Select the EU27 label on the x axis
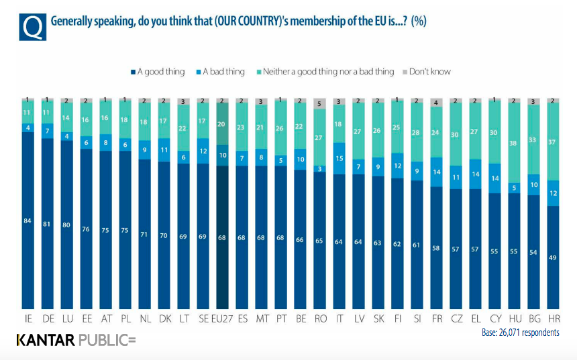[x=221, y=319]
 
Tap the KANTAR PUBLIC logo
[x=76, y=341]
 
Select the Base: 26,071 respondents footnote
[x=520, y=333]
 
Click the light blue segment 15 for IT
[x=340, y=158]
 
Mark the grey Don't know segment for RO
[x=321, y=104]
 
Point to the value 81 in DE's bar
[x=48, y=223]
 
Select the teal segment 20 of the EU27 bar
[x=221, y=124]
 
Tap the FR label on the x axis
[x=437, y=319]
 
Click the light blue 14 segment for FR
[x=437, y=172]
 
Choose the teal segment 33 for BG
[x=534, y=141]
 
